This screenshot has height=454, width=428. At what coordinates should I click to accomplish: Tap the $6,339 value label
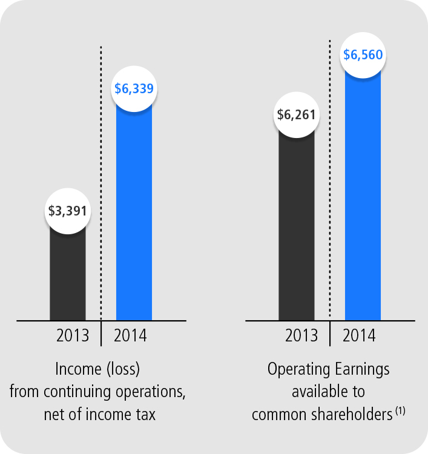(x=134, y=88)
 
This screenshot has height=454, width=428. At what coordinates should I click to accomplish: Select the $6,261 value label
(x=297, y=114)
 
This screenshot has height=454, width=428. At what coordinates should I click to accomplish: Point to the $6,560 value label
(x=363, y=55)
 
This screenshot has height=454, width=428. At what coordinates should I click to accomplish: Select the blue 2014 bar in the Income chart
(x=134, y=212)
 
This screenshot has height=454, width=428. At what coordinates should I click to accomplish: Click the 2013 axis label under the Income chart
(x=73, y=335)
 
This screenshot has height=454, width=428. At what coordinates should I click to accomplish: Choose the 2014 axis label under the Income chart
(x=130, y=335)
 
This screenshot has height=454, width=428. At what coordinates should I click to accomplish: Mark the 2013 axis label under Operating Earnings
(x=301, y=335)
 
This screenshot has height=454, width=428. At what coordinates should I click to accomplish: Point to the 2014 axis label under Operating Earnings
(x=359, y=335)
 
